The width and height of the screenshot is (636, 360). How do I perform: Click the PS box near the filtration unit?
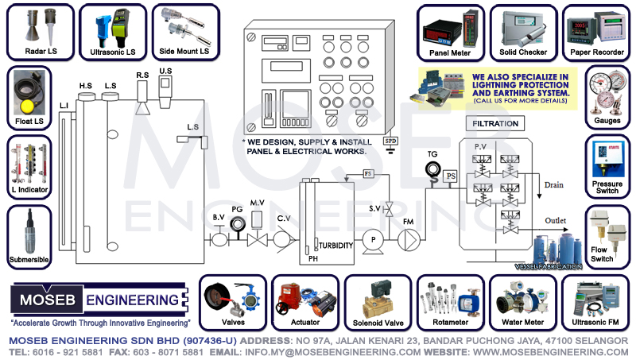[x=451, y=175]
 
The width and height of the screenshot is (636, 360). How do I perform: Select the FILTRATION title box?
[x=495, y=124]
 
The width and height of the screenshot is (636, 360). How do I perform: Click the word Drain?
[x=553, y=185]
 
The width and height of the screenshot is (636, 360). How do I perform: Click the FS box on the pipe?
[x=368, y=173]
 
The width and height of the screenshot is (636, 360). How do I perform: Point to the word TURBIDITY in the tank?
[x=335, y=246]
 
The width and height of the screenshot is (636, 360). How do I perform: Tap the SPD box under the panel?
[x=390, y=141]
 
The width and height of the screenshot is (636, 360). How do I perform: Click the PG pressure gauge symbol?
[x=236, y=224]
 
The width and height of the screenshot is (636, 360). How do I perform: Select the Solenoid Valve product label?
[x=377, y=323]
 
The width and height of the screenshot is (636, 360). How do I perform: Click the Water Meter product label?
[x=522, y=323]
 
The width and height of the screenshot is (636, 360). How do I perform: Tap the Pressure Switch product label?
[x=607, y=188]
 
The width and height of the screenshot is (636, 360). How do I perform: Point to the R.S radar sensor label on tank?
[x=143, y=74]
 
